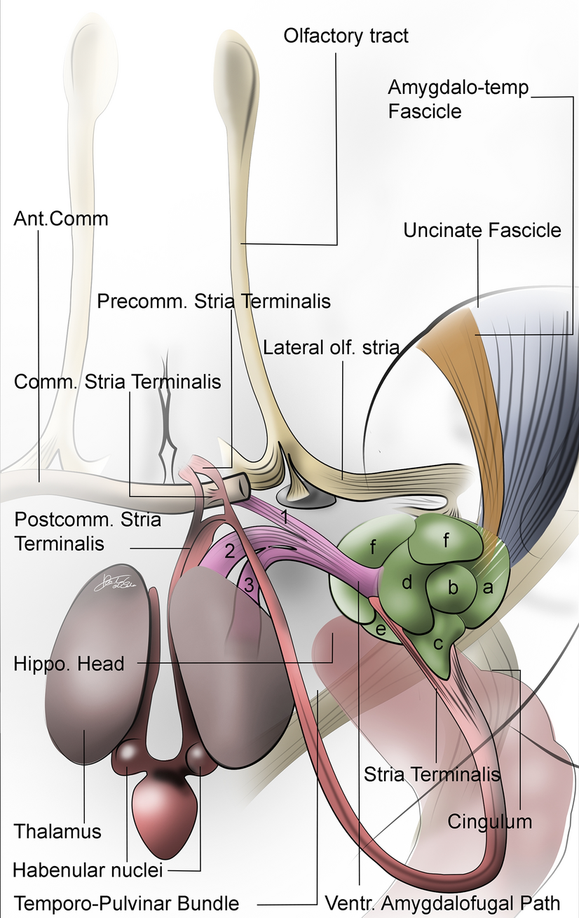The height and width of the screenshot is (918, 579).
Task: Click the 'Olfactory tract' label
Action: [346, 35]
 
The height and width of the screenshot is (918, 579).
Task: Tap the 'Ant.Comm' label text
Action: [61, 218]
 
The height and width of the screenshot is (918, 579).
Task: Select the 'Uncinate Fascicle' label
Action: [482, 229]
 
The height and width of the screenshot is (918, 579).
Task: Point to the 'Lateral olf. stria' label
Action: [331, 347]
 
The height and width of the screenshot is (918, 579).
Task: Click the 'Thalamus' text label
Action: [57, 831]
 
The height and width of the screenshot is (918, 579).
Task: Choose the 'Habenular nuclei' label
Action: [88, 870]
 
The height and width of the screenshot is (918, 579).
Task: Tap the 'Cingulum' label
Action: [490, 820]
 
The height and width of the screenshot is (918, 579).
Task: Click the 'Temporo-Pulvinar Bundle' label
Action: [126, 903]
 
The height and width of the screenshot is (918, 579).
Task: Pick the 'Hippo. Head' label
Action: [69, 663]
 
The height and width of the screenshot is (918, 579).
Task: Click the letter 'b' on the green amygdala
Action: [453, 588]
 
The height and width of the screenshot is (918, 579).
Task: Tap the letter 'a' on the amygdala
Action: [488, 588]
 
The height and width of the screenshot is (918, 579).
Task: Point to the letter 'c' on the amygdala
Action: [438, 642]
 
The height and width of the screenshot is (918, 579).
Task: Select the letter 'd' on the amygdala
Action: [407, 582]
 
